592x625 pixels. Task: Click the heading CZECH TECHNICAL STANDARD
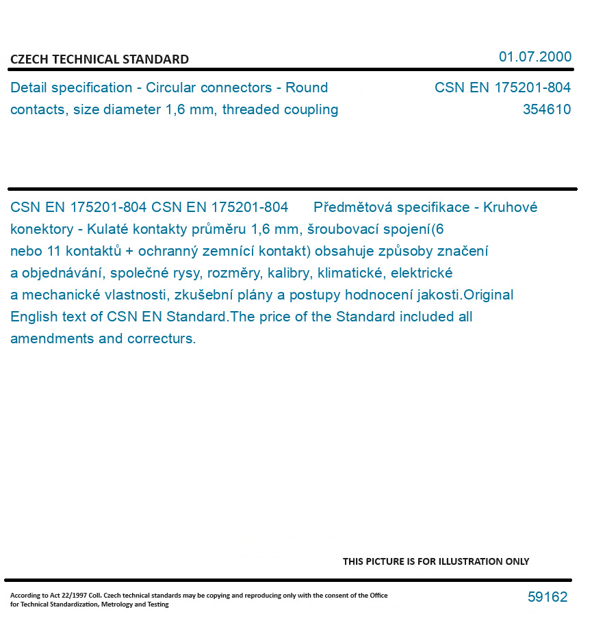pyautogui.click(x=99, y=59)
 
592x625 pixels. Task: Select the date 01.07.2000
pyautogui.click(x=535, y=57)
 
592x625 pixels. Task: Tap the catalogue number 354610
pyautogui.click(x=546, y=109)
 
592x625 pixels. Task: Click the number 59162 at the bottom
pyautogui.click(x=547, y=597)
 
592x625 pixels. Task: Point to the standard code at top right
pyautogui.click(x=502, y=88)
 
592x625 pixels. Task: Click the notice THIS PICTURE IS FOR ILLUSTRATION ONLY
pyautogui.click(x=435, y=561)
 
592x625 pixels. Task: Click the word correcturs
pyautogui.click(x=162, y=338)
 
